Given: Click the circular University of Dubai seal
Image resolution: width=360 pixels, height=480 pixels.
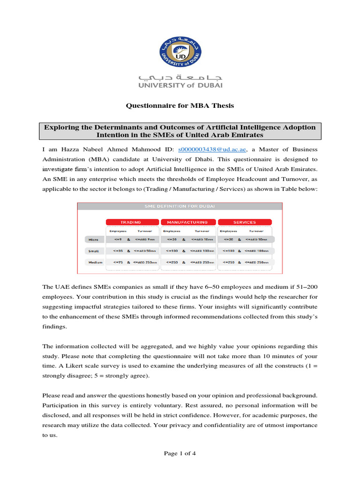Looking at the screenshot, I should [x=180, y=47].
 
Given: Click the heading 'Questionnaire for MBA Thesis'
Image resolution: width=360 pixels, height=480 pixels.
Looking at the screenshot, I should [x=180, y=106].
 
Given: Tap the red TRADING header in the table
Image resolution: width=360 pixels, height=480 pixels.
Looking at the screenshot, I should [x=131, y=222].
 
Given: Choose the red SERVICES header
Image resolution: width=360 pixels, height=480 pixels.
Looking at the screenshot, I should [x=244, y=222].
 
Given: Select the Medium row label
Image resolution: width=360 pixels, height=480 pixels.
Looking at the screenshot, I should [x=95, y=262].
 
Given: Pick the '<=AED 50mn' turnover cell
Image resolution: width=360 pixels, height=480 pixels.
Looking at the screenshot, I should [x=144, y=251].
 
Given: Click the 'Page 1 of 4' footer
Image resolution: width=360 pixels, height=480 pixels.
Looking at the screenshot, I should [x=180, y=453].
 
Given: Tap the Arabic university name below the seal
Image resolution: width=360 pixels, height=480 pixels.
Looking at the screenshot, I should [x=180, y=76].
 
